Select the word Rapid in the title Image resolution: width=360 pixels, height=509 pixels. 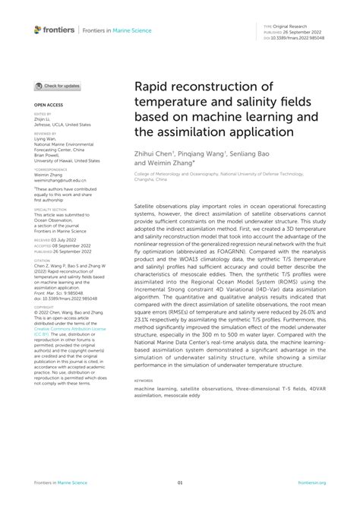click(155, 90)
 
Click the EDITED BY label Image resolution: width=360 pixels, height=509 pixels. click(42, 112)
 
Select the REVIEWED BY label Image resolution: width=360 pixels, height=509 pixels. click(45, 132)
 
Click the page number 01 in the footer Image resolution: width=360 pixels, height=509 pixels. click(180, 482)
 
